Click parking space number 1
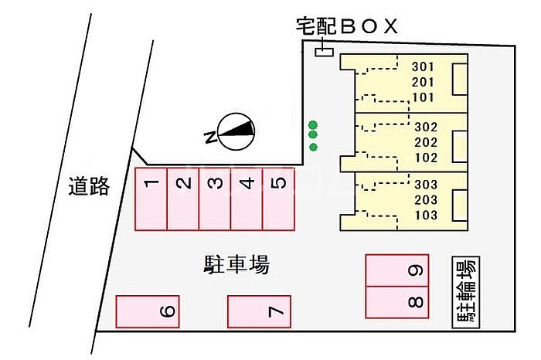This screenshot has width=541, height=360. coord(151,199)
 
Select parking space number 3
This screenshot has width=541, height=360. coord(215,199)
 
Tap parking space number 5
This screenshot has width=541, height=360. coord(279,199)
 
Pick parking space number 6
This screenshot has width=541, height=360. coord(148,311)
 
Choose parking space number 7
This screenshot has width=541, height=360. coord(259,311)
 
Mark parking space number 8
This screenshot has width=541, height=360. coord(397,302)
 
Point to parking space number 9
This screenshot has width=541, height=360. coord(397,270)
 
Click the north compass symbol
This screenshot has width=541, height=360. coord(236,132)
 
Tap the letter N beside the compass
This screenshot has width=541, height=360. coord(211,137)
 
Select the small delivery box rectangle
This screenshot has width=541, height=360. coord(325,52)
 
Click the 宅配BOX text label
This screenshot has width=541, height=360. coord(347,26)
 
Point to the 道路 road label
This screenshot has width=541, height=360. coord(89,186)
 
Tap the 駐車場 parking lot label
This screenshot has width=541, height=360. coord(236,264)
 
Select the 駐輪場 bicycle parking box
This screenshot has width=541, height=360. coord(466,292)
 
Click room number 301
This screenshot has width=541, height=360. coord(423,67)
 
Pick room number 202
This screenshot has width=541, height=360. coord(426,142)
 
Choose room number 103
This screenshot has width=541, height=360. coord(426,216)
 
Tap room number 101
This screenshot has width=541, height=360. coord(423,97)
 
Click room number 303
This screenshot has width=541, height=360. coord(426,185)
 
